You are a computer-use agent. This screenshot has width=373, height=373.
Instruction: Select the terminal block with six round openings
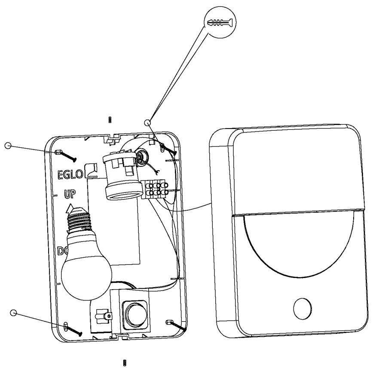(157, 190)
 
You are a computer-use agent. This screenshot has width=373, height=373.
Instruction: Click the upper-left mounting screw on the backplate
(66, 156)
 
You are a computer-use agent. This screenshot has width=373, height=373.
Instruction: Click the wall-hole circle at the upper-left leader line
(7, 145)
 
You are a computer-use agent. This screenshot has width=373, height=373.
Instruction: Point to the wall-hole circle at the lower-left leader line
(13, 313)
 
